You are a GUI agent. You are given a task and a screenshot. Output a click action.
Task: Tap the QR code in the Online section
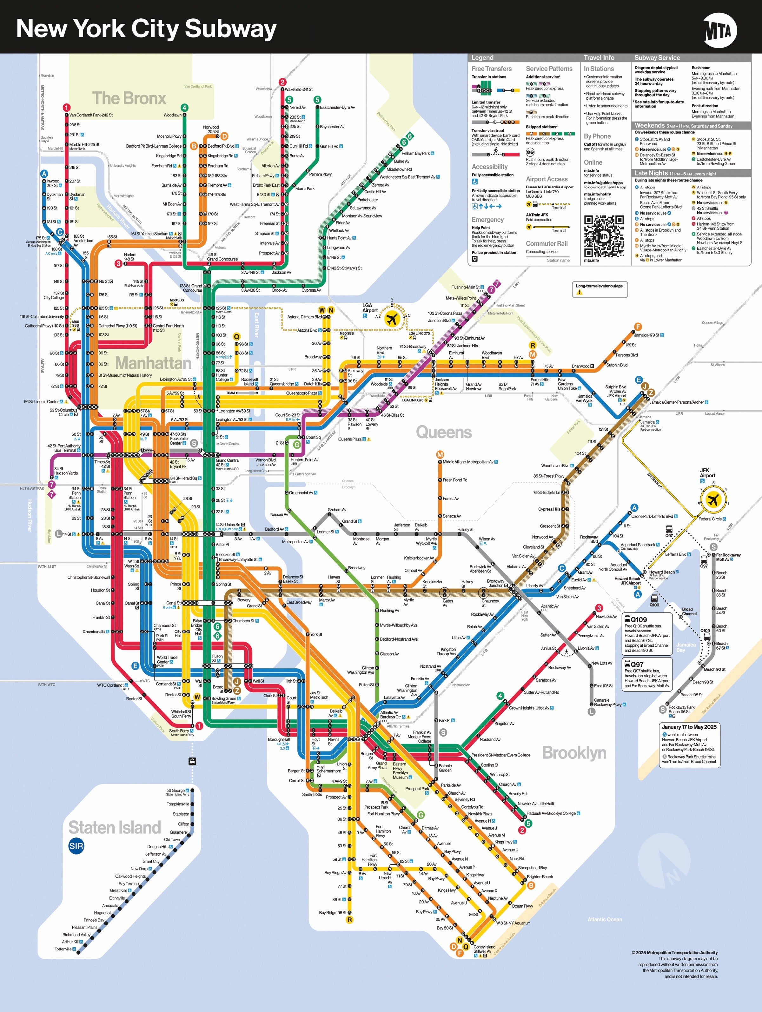[604, 236]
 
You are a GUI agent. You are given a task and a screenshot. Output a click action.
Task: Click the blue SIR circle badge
[76, 846]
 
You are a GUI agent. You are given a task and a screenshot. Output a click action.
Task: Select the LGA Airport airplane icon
[392, 319]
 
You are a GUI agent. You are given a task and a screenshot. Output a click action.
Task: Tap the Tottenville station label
[63, 949]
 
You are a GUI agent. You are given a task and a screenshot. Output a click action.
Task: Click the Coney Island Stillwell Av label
[484, 949]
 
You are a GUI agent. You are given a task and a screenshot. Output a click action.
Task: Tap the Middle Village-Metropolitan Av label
[468, 462]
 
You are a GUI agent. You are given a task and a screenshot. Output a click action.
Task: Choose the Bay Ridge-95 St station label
[333, 913]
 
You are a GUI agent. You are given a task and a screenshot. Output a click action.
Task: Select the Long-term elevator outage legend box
[599, 289]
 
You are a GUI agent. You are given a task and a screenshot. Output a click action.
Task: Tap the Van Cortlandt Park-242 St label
[91, 115]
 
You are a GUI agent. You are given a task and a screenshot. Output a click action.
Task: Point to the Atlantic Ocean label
[605, 919]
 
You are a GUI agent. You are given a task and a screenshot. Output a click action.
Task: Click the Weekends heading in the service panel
[649, 125]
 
